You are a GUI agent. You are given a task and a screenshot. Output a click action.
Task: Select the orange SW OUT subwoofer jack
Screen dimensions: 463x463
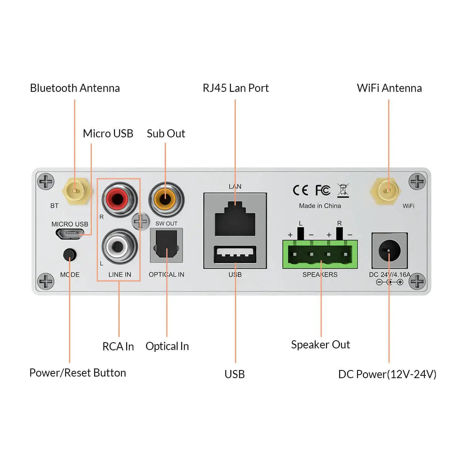pos(166,199)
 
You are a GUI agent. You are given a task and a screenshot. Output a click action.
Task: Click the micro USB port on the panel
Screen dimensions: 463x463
pos(70,234)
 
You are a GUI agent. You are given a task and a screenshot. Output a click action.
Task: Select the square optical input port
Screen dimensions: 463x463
pos(166,245)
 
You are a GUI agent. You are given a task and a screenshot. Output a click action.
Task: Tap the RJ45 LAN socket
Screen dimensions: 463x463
pos(235,219)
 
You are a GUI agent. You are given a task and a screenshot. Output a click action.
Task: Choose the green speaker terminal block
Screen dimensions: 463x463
pos(320,254)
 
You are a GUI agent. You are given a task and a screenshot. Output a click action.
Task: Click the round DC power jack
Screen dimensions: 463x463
pos(389,250)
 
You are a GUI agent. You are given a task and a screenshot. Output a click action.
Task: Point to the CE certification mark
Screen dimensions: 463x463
pos(300,190)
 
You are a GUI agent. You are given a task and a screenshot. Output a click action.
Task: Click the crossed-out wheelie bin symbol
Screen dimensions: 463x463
pos(343,190)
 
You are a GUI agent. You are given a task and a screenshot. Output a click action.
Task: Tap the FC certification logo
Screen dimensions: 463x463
pos(323,190)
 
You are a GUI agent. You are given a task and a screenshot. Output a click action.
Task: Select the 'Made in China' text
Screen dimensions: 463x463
pos(320,206)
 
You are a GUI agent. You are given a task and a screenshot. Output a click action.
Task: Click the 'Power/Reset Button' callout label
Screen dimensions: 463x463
pos(78,373)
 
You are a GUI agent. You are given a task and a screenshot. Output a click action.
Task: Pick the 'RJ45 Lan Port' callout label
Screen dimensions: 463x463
pos(235,88)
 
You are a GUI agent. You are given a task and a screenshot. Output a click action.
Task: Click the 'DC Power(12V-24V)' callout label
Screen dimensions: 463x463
pos(387,374)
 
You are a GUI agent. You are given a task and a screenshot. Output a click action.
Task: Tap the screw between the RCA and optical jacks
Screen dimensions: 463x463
pos(140,221)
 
